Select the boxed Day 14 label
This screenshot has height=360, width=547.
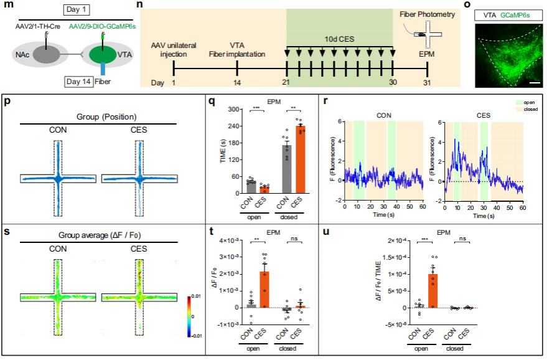(80, 81)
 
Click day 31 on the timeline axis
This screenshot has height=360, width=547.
(426, 82)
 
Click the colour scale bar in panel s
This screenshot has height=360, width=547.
(190, 316)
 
